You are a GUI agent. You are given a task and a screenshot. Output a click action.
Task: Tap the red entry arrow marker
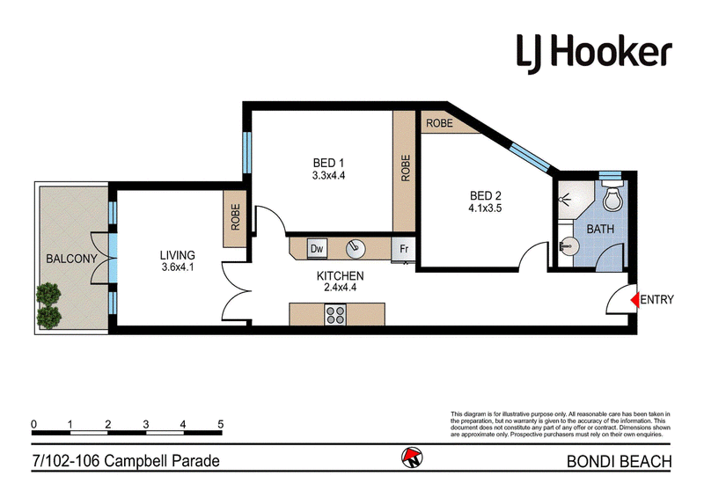click(634, 299)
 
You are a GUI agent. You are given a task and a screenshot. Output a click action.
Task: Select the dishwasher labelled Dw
click(317, 248)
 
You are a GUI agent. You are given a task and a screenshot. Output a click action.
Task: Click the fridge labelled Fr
click(403, 249)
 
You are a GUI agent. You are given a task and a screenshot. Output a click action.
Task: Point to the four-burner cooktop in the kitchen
click(335, 314)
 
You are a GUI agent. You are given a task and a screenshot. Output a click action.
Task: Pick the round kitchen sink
click(356, 248)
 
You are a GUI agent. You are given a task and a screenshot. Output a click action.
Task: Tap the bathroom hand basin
click(569, 246)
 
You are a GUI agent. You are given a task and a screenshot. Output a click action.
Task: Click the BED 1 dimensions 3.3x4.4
click(328, 176)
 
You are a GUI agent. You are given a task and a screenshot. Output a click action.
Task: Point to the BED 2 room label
click(486, 196)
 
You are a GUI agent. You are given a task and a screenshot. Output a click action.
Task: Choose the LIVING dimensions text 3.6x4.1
click(178, 267)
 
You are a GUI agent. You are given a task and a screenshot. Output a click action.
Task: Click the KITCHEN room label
click(340, 275)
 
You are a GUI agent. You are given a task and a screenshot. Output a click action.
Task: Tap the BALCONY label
click(72, 259)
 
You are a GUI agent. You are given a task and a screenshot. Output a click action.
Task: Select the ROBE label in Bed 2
click(439, 123)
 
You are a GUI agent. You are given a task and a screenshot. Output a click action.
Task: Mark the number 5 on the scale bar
click(220, 424)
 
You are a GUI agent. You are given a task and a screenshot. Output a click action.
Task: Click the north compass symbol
click(412, 457)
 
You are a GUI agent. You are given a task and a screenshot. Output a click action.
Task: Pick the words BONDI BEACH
click(620, 462)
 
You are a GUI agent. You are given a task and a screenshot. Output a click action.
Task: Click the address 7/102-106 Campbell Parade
click(126, 461)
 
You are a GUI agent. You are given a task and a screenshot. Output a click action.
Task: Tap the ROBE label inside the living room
click(235, 217)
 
